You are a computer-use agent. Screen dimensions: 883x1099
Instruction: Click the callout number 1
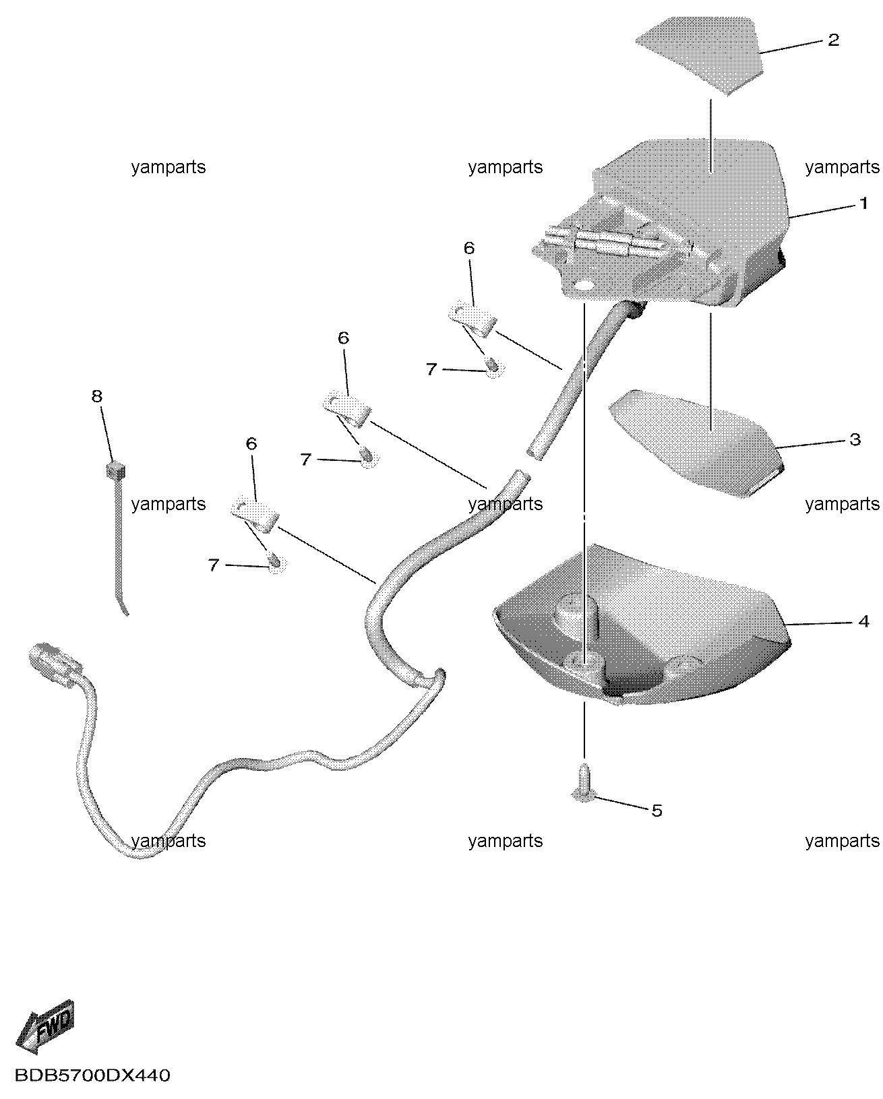click(x=863, y=203)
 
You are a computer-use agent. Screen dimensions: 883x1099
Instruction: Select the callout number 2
click(x=833, y=40)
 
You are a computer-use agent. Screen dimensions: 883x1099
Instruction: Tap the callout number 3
click(x=855, y=439)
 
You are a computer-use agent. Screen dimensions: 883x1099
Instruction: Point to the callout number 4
click(x=863, y=621)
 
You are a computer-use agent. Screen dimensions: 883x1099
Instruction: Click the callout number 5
click(x=657, y=811)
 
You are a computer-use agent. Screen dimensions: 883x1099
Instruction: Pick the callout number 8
click(x=97, y=396)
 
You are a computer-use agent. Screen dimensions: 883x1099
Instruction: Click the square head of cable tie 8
click(x=115, y=470)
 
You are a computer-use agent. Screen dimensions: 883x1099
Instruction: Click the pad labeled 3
click(x=696, y=443)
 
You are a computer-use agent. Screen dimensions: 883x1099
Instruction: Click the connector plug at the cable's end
click(x=55, y=665)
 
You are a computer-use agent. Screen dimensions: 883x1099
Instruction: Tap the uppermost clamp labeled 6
click(x=473, y=320)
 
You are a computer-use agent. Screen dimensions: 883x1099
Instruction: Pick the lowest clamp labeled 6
click(x=255, y=515)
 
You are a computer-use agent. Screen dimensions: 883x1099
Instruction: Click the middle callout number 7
click(x=305, y=460)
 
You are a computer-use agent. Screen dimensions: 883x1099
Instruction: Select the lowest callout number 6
click(x=251, y=444)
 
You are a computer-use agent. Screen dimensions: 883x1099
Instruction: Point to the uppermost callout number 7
click(x=431, y=369)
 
